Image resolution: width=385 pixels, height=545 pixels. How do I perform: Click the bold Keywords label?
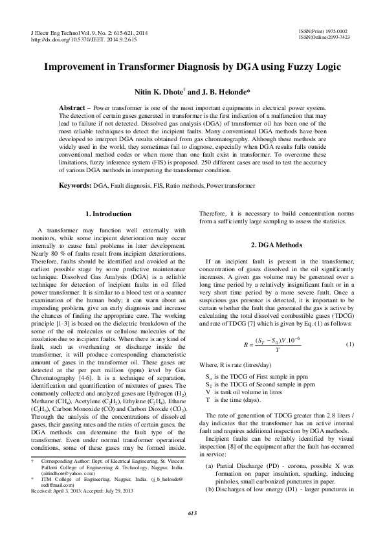pyautogui.click(x=74, y=186)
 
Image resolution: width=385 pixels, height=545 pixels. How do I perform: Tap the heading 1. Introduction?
pyautogui.click(x=109, y=214)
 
